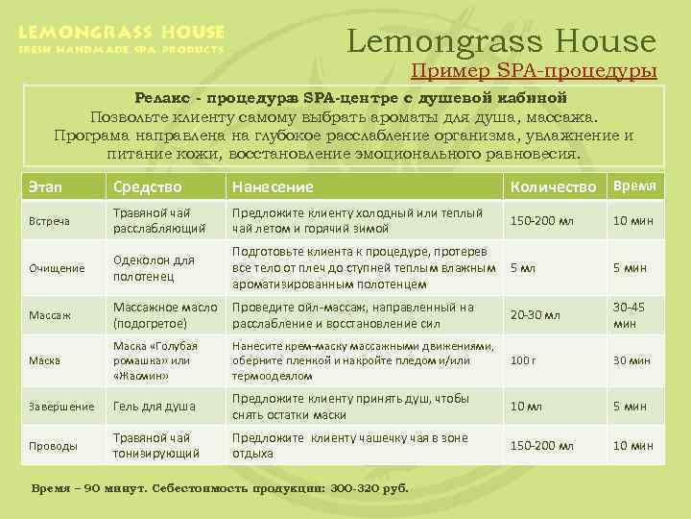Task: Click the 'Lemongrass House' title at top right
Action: pyautogui.click(x=501, y=41)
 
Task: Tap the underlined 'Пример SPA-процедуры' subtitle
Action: pyautogui.click(x=534, y=71)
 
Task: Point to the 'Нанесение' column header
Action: pyautogui.click(x=273, y=186)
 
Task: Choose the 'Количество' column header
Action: pyautogui.click(x=554, y=185)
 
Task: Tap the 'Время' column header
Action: pyautogui.click(x=634, y=185)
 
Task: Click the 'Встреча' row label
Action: pyautogui.click(x=49, y=221)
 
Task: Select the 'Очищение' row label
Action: pyautogui.click(x=56, y=268)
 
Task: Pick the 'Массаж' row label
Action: pyautogui.click(x=49, y=314)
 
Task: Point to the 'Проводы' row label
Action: pyautogui.click(x=54, y=446)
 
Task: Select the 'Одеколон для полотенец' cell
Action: pyautogui.click(x=154, y=268)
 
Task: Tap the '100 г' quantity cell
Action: pyautogui.click(x=522, y=360)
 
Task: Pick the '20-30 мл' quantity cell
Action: pyautogui.click(x=535, y=314)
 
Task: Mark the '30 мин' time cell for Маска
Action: pyautogui.click(x=632, y=360)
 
